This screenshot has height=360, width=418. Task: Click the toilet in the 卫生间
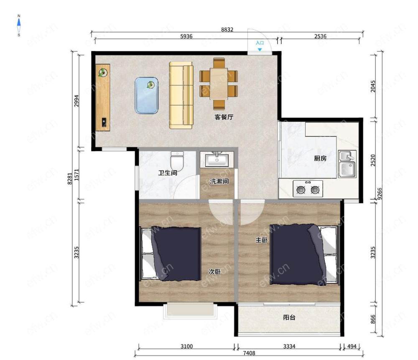click(x=177, y=161)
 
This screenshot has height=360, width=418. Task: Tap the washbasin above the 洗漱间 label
click(x=217, y=160)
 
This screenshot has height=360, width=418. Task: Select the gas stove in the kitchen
click(x=308, y=189)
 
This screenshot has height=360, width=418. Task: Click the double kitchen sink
click(x=347, y=164)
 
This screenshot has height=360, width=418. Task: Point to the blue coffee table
click(x=147, y=95)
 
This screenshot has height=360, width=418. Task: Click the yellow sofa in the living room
click(x=181, y=95)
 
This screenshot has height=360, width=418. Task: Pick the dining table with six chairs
click(x=219, y=84)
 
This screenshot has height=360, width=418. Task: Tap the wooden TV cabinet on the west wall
click(x=103, y=97)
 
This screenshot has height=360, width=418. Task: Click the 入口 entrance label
click(x=260, y=43)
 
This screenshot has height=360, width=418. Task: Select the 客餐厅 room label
click(x=224, y=117)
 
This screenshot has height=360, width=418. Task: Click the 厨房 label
click(x=320, y=158)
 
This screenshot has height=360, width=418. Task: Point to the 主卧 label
click(x=261, y=240)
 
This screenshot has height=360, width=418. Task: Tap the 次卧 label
click(x=214, y=272)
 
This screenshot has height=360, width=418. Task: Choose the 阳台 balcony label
click(x=289, y=317)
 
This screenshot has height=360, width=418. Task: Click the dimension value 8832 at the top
click(x=227, y=30)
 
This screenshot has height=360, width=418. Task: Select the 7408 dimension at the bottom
click(x=249, y=353)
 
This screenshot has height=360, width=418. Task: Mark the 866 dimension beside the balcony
click(x=373, y=319)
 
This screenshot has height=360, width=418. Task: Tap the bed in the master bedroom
click(x=304, y=255)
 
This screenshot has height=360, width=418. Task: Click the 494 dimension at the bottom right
click(x=352, y=346)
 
